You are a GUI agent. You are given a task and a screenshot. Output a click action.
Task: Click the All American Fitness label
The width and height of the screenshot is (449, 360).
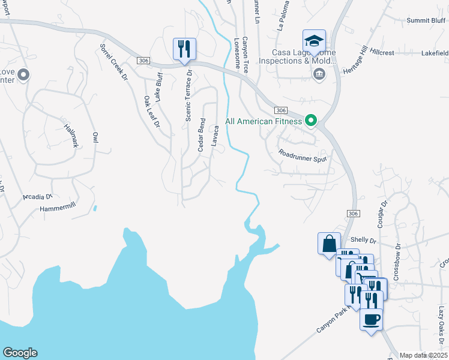pos(264,121)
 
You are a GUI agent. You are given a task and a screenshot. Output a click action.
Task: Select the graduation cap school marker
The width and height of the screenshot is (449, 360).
pos(314,41)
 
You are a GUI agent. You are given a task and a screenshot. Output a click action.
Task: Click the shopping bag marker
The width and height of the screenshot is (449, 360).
pos(329,244)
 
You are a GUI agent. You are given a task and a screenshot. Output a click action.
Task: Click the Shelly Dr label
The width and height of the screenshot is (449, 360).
pos(363,240)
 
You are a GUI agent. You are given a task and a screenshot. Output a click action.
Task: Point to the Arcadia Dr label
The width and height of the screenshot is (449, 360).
pos(38,196)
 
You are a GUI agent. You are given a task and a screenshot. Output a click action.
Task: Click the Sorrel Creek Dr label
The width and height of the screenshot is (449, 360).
pos(114,61)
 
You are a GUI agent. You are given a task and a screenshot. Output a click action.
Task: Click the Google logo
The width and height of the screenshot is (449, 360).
pos(20,353)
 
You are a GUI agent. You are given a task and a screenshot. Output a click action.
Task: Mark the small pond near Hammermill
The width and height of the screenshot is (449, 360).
pos(95,209)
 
